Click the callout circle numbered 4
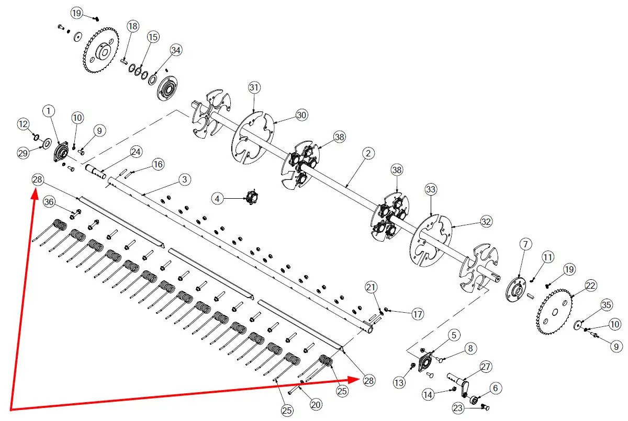(217, 199)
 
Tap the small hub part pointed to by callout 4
(252, 198)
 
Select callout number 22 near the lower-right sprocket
(590, 286)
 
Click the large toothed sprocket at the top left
(101, 50)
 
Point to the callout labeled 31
(254, 87)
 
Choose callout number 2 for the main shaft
(368, 153)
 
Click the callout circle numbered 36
(49, 202)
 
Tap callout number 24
(136, 152)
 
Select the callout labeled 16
(158, 164)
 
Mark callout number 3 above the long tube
(184, 179)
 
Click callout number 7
(525, 244)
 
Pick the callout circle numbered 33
(431, 189)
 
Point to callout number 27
(485, 367)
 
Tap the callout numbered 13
(399, 383)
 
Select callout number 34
(176, 50)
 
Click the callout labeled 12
(23, 124)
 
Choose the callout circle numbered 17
(418, 314)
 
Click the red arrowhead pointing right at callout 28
(354, 380)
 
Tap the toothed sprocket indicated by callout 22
(554, 312)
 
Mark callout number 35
(606, 305)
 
